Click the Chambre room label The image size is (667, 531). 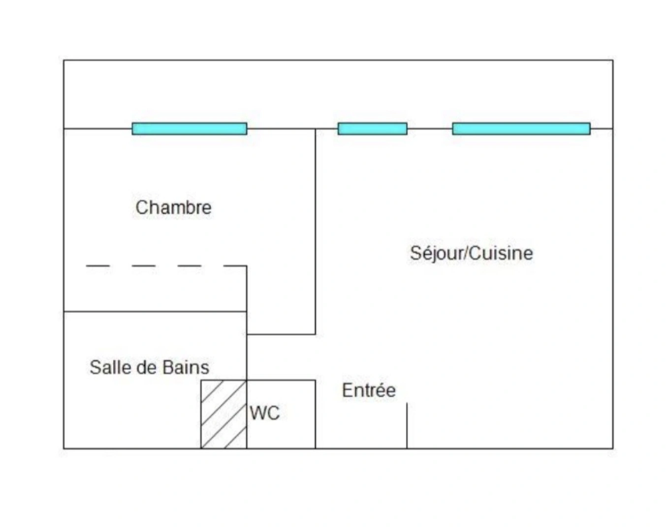click(x=173, y=207)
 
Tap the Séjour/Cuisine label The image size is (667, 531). click(x=471, y=253)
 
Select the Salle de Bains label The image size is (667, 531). click(x=149, y=367)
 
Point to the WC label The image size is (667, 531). click(x=264, y=413)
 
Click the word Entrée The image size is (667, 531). click(x=369, y=390)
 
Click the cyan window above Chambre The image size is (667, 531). click(x=190, y=129)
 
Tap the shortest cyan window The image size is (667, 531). click(x=372, y=129)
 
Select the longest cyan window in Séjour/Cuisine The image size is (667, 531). click(x=521, y=129)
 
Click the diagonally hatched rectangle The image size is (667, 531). click(x=223, y=414)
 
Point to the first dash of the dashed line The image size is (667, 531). click(x=97, y=266)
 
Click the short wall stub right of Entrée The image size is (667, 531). click(x=407, y=425)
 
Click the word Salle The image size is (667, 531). click(x=105, y=367)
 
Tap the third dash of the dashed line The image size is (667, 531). click(x=190, y=266)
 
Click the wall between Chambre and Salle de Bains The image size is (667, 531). click(x=155, y=312)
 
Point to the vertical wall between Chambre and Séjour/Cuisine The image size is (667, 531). click(x=316, y=231)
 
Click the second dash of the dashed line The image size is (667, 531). click(x=143, y=266)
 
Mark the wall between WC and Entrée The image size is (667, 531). click(x=316, y=414)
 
